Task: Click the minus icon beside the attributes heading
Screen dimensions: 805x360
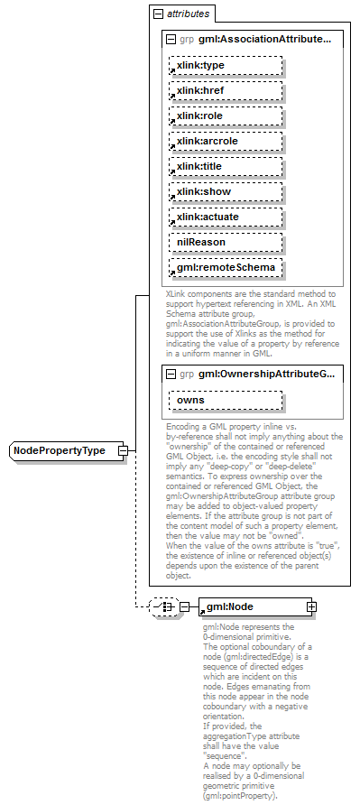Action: click(158, 14)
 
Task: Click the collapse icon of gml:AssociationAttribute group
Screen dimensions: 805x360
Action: click(171, 40)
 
